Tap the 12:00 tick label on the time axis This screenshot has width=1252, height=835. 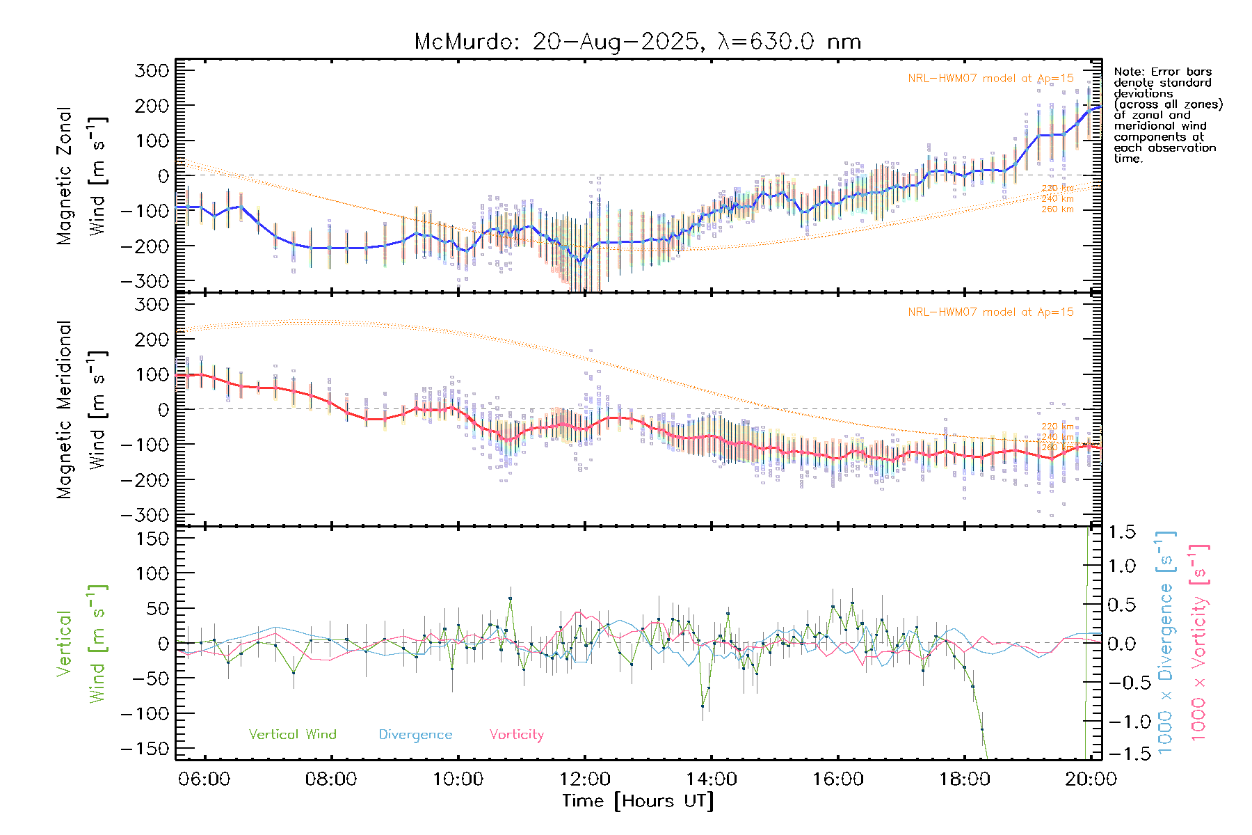coord(584,779)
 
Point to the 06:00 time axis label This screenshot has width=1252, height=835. coord(204,779)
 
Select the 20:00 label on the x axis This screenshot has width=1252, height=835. coord(1090,779)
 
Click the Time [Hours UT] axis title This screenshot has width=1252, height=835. coord(638,801)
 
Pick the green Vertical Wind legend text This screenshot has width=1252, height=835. coord(292,735)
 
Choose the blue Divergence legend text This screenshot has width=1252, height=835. coord(415,735)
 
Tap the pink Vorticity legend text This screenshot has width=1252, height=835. coord(516,735)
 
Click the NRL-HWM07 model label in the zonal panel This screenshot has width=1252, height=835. coord(990,79)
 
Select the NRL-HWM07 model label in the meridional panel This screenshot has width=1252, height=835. coord(990,312)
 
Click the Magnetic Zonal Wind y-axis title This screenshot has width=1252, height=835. coord(81,175)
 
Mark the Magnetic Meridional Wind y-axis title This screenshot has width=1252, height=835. coord(81,410)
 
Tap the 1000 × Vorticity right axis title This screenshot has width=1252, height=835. coord(1199,642)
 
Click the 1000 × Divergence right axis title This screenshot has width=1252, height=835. coord(1166,642)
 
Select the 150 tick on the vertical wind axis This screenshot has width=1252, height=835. coord(153,539)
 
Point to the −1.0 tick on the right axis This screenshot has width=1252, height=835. coord(1121,722)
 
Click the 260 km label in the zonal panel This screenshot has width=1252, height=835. coord(1057,209)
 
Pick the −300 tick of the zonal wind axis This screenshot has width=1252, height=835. coord(145,281)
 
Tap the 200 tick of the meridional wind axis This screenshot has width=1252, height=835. coord(153,340)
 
